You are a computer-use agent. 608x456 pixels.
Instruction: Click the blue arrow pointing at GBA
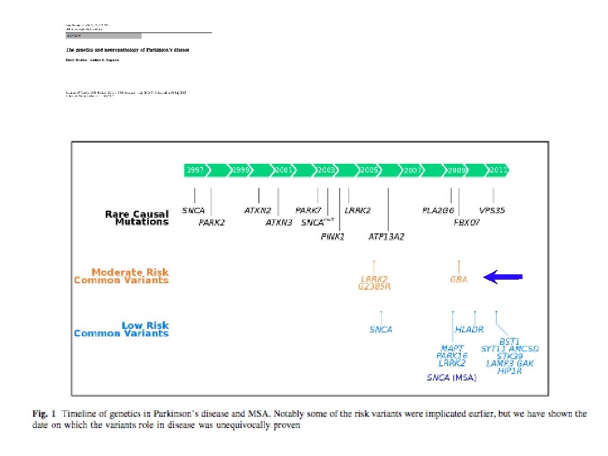[x=503, y=277]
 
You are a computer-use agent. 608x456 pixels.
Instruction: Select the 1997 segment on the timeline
[x=195, y=170]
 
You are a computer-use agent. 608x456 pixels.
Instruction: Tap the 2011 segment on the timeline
[x=498, y=170]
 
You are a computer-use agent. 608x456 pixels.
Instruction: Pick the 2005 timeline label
[x=368, y=170]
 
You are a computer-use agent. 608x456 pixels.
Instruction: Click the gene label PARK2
[x=212, y=223]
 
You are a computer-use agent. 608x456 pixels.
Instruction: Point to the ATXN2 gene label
[x=258, y=210]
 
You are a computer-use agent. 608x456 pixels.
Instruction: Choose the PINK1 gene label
[x=332, y=236]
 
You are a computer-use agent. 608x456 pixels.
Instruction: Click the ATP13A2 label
[x=387, y=236]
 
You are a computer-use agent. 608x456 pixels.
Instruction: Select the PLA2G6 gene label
[x=438, y=210]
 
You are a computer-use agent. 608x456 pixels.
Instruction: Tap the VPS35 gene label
[x=492, y=210]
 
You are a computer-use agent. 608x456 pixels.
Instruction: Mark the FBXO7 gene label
[x=467, y=223]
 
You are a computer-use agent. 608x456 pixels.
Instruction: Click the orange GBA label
[x=458, y=279]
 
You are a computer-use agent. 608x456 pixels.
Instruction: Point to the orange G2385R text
[x=374, y=287]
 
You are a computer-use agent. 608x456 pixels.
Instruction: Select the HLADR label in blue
[x=469, y=330]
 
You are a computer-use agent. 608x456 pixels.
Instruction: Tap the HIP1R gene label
[x=509, y=371]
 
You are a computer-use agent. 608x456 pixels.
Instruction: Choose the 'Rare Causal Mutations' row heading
[x=137, y=218]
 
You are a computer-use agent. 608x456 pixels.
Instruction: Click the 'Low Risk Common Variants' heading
[x=121, y=330]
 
